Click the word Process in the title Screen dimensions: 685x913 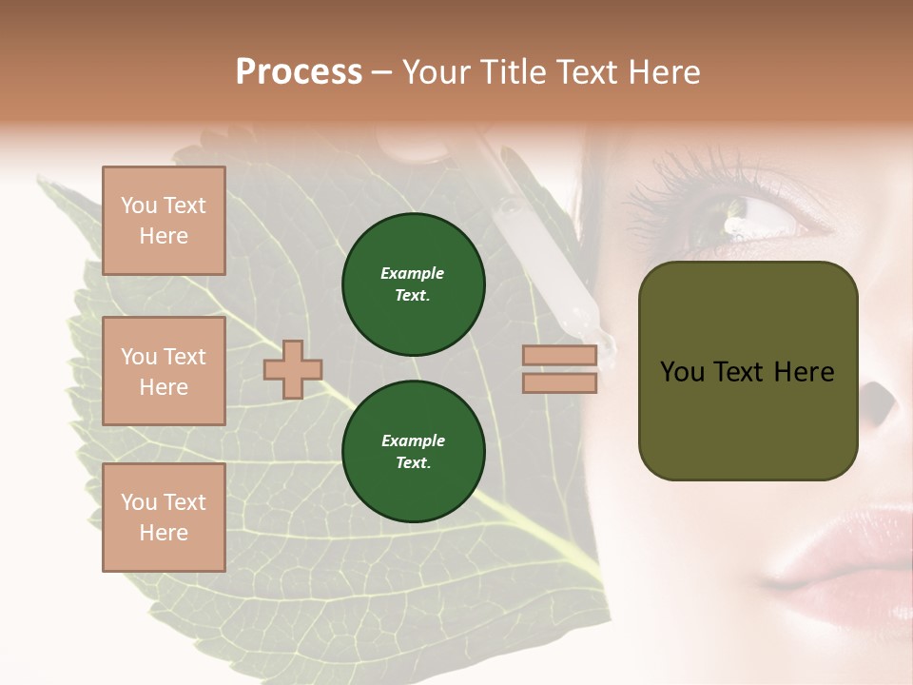(299, 72)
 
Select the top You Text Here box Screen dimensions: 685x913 (164, 221)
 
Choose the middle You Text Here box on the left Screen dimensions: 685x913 (164, 371)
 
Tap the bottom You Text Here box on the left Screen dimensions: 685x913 (164, 517)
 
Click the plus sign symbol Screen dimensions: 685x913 (293, 369)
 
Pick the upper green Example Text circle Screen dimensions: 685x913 (413, 284)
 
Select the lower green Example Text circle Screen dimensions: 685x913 (413, 452)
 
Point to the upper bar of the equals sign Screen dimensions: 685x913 (560, 356)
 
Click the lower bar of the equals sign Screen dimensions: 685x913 (560, 382)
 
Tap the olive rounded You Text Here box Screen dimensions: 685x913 (748, 371)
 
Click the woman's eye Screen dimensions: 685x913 (751, 217)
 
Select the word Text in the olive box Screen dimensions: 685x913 (740, 372)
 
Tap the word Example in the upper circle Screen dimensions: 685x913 (413, 273)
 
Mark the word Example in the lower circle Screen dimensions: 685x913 (413, 440)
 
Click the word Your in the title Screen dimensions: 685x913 (438, 72)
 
